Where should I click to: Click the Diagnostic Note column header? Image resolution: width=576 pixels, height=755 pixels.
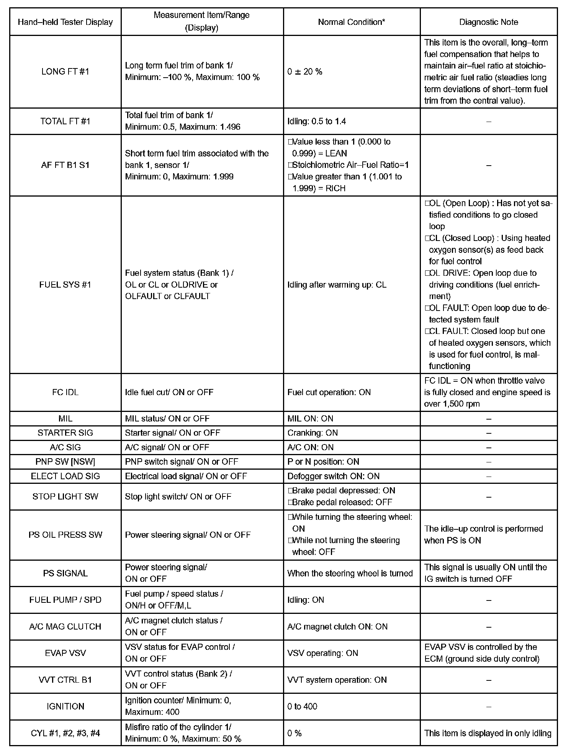coord(488,22)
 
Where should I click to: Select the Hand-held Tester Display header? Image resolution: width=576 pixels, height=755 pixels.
coord(65,22)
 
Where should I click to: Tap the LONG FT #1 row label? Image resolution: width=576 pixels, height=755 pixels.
coord(65,72)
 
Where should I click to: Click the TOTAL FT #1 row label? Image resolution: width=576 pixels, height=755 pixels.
coord(65,121)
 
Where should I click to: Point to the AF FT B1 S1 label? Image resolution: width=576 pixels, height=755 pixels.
coord(65,165)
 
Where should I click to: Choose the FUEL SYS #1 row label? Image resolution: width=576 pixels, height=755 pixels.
coord(65,285)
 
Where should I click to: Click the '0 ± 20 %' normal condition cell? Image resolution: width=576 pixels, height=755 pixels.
coord(305,72)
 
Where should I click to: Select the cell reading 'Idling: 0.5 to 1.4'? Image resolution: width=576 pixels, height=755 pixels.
coord(316,121)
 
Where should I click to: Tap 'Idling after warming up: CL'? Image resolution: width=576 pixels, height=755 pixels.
coord(337,285)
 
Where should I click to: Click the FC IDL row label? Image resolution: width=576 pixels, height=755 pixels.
coord(65,392)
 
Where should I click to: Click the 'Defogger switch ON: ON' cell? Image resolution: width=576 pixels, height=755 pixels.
coord(333,476)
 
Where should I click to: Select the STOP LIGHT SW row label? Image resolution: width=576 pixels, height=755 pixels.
coord(65,496)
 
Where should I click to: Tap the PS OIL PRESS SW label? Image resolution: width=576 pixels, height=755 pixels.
coord(65,535)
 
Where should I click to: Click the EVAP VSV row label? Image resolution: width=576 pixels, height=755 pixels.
coord(65,653)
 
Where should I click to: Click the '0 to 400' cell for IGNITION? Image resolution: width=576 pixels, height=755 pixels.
coord(302,706)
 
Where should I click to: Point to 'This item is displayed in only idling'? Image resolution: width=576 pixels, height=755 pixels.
coord(488,733)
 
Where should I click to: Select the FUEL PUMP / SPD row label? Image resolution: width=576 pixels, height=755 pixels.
coord(65,600)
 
